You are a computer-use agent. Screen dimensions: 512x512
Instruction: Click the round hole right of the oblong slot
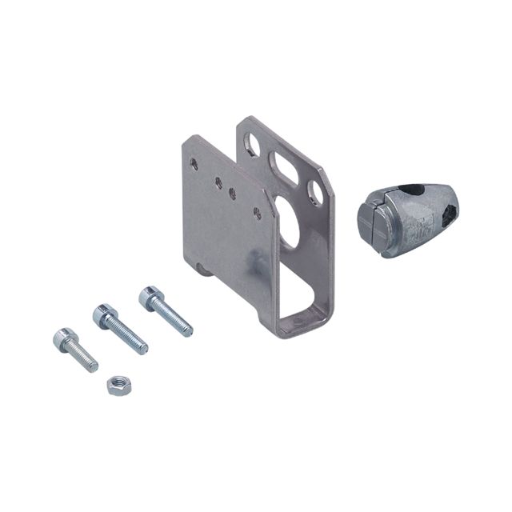click(317, 192)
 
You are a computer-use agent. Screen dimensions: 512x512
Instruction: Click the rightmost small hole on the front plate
click(257, 212)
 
